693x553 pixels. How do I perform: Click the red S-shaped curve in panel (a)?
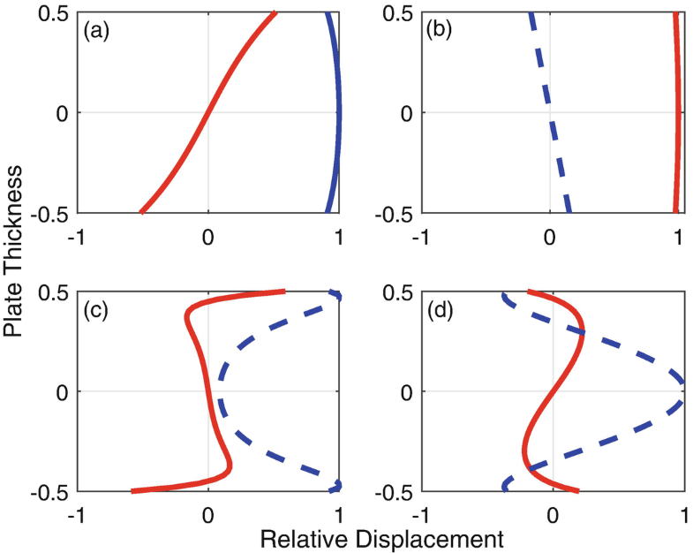(x=208, y=112)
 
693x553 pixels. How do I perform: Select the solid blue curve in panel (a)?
(x=339, y=112)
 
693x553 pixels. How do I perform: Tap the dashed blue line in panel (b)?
(x=549, y=112)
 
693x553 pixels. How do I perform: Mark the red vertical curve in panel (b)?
(x=678, y=112)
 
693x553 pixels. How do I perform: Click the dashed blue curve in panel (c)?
(x=220, y=391)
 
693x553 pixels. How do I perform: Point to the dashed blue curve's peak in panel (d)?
(x=683, y=391)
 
